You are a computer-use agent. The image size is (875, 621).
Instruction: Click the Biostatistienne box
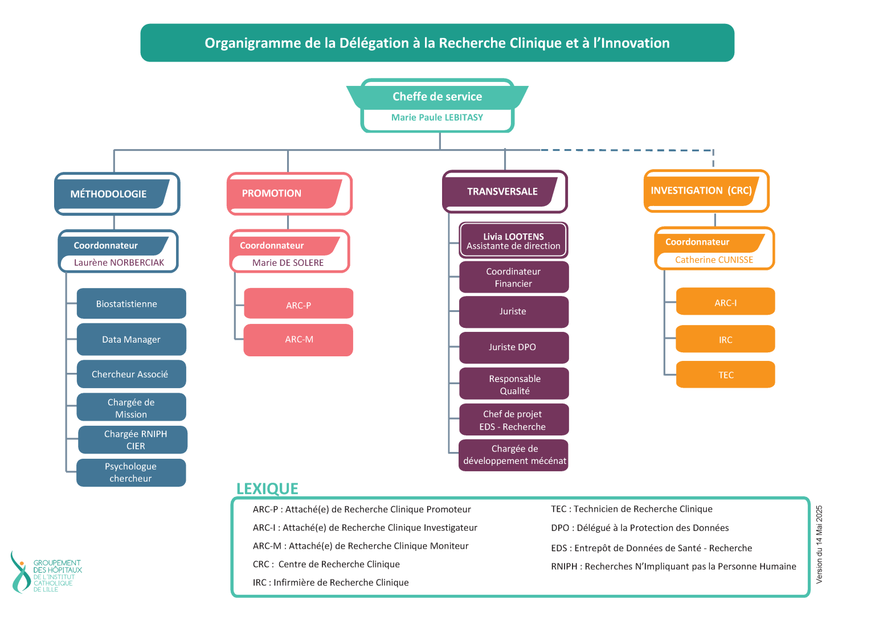click(x=131, y=304)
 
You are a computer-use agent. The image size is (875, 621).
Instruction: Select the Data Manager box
click(x=131, y=340)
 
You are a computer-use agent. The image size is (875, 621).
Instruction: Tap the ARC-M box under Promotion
click(x=299, y=340)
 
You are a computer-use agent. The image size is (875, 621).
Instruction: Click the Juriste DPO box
click(x=513, y=347)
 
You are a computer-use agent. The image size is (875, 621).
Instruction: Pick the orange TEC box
click(x=725, y=375)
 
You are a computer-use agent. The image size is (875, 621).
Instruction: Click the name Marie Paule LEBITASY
click(x=437, y=118)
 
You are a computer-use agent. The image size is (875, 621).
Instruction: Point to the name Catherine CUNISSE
click(x=714, y=260)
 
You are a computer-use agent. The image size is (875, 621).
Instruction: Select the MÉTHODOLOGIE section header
click(x=109, y=194)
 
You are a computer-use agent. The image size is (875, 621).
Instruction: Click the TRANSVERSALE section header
click(x=502, y=192)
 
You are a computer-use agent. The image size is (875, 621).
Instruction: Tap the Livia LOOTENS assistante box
click(x=513, y=241)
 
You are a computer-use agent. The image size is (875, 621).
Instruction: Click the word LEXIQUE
click(x=267, y=489)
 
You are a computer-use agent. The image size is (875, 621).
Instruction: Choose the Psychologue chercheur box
click(x=131, y=472)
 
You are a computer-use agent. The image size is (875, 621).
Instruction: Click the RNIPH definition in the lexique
click(x=673, y=566)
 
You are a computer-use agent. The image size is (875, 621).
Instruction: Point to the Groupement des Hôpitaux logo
click(x=46, y=572)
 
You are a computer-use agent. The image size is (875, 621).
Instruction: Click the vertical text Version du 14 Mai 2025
click(x=819, y=544)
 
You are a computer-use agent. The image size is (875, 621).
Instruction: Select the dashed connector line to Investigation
click(x=627, y=150)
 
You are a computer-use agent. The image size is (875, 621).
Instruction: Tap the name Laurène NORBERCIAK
click(x=119, y=263)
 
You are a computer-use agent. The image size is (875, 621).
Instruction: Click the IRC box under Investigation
click(x=725, y=340)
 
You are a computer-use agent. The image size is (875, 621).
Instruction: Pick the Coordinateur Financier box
click(x=513, y=278)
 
